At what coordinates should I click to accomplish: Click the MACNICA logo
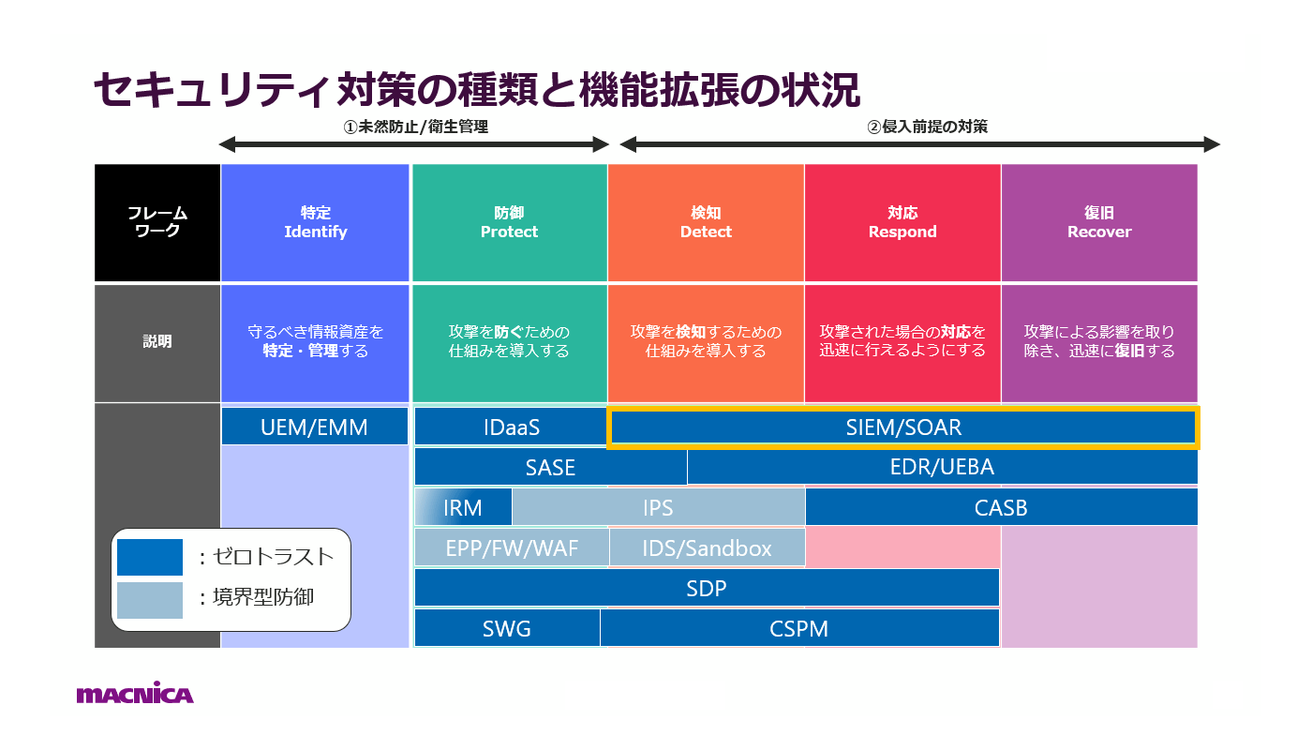point(135,694)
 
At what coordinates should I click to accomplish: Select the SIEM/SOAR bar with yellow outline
point(903,428)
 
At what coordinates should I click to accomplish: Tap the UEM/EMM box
point(315,427)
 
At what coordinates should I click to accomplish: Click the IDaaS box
point(511,427)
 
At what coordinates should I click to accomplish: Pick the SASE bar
point(550,467)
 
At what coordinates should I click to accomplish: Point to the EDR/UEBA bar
point(942,467)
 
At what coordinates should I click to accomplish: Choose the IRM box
point(463,507)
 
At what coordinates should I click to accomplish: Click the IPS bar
point(658,507)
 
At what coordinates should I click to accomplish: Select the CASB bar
point(1001,507)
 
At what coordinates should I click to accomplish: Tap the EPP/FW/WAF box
point(512,547)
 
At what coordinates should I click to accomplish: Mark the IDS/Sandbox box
point(707,547)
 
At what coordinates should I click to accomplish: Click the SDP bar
point(707,588)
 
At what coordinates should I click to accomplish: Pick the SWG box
point(507,628)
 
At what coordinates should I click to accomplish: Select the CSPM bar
point(799,628)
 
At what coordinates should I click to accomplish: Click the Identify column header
point(316,223)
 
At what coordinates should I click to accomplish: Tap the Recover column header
point(1099,223)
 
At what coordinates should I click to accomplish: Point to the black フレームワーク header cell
point(157,223)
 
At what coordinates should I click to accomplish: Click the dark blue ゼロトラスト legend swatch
point(150,557)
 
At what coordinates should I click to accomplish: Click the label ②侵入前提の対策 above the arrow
point(927,126)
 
